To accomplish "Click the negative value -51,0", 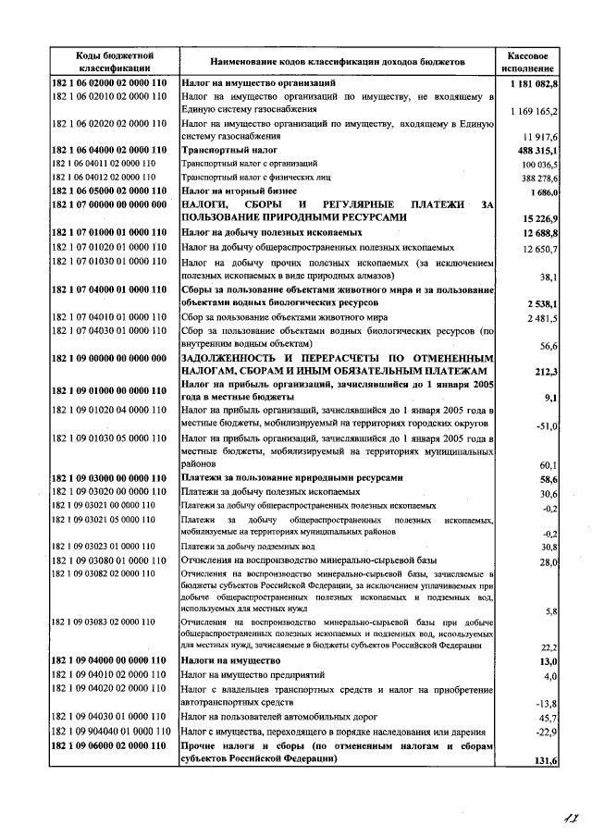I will coord(545,426).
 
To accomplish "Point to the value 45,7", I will coord(547,718).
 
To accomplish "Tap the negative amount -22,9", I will coord(545,732).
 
